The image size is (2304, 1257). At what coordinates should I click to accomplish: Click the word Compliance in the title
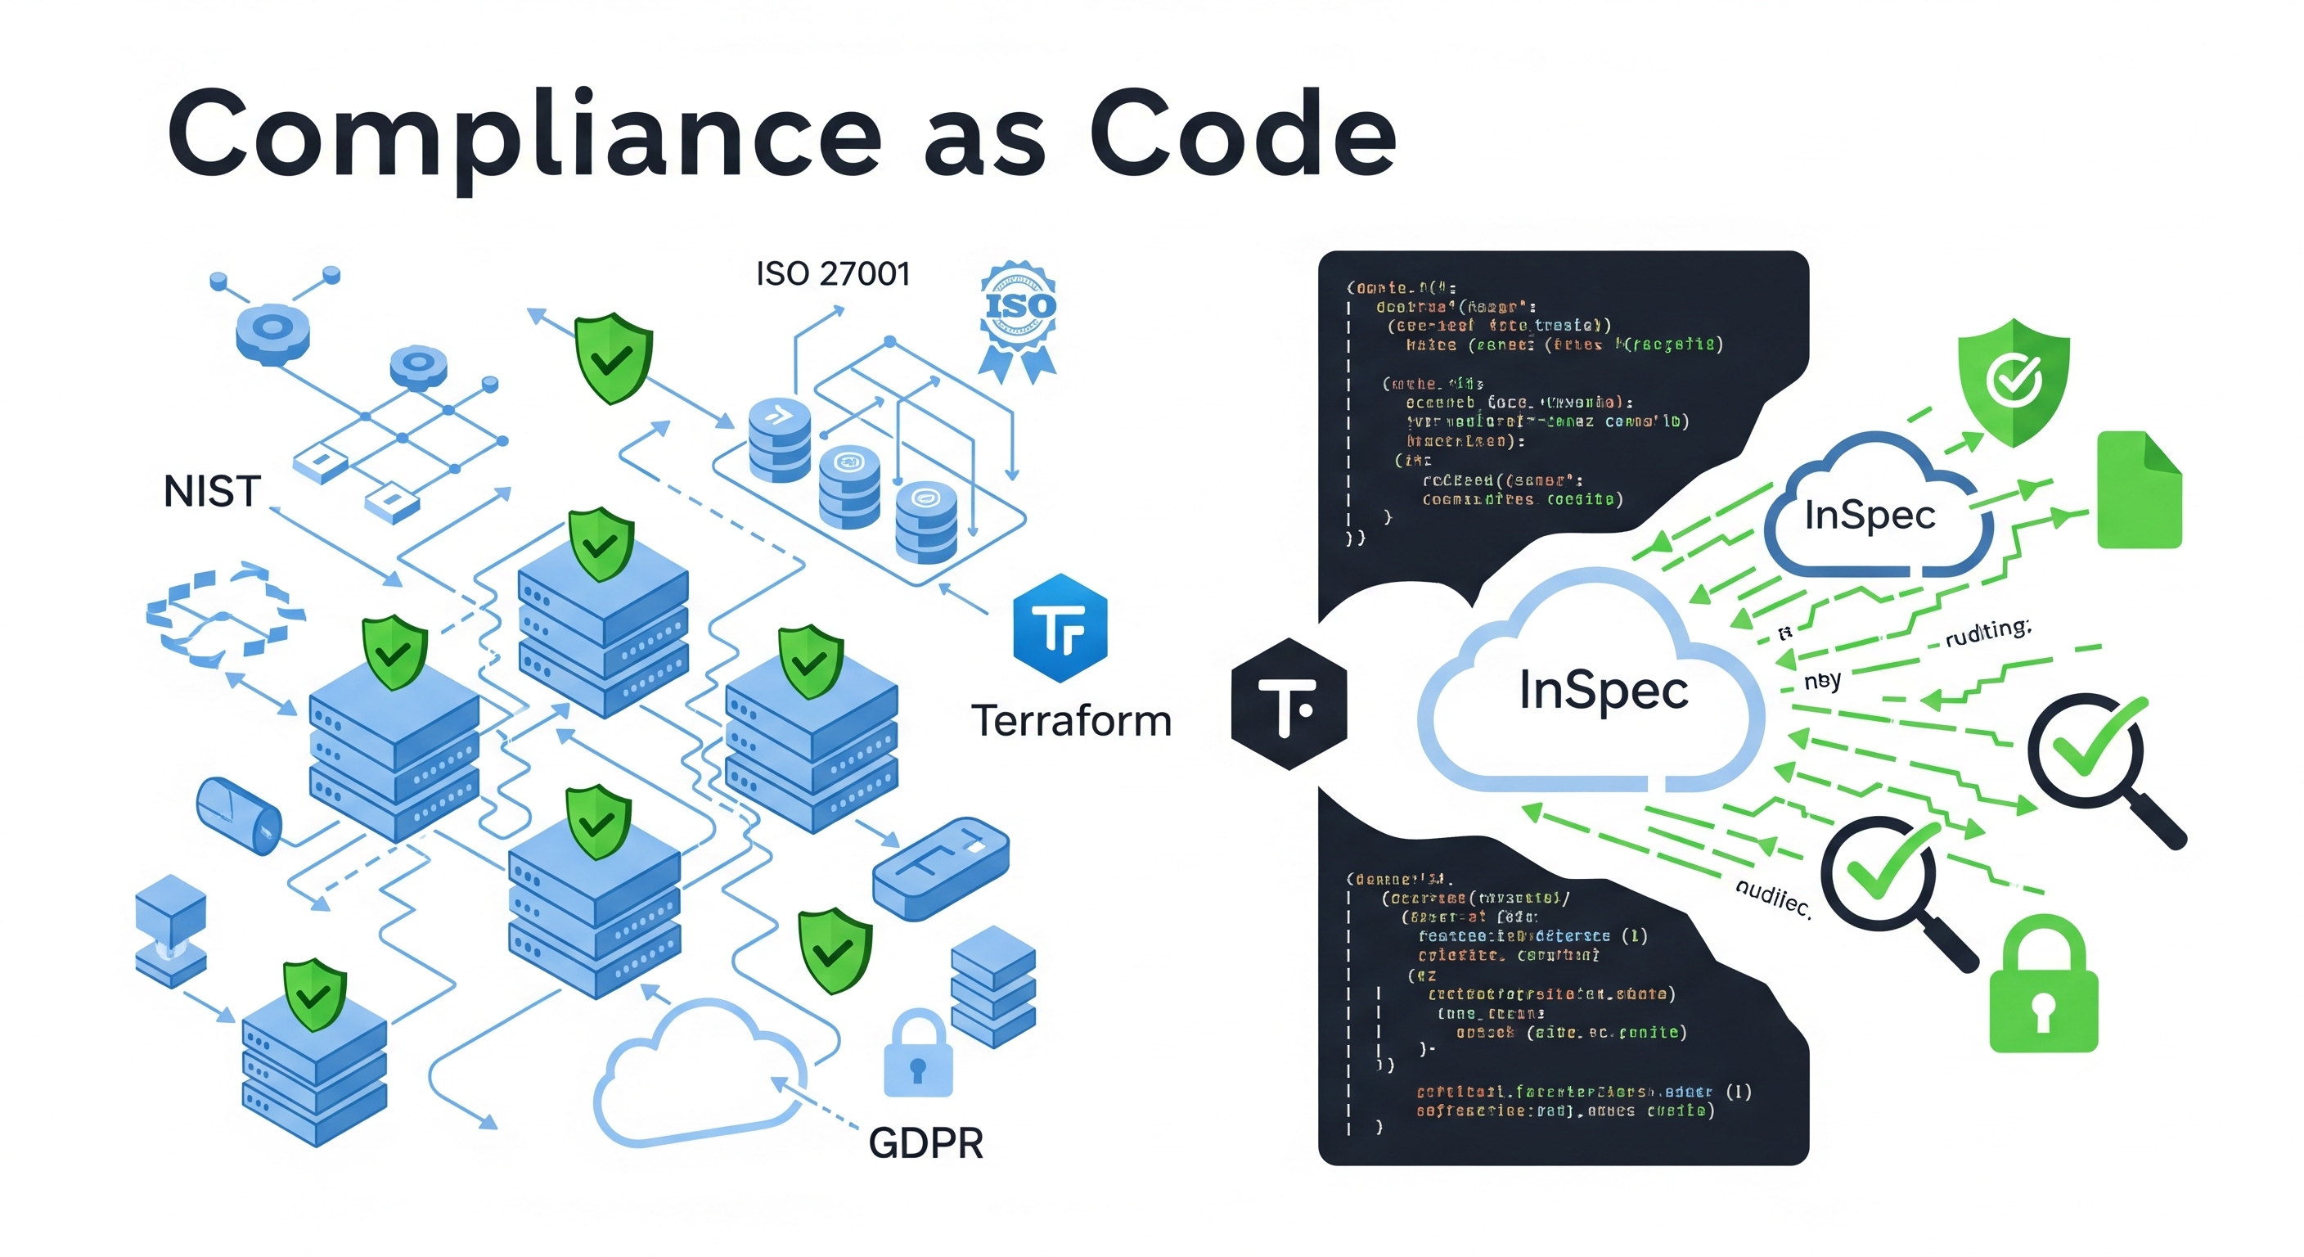click(x=524, y=134)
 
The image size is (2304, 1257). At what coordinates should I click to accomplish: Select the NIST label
click(x=212, y=492)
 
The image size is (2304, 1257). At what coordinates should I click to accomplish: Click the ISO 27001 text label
click(x=833, y=274)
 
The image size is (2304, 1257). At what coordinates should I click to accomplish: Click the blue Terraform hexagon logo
click(x=1060, y=627)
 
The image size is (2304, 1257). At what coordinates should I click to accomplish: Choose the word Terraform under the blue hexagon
click(x=1072, y=721)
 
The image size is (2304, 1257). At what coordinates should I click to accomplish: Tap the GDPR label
click(x=925, y=1143)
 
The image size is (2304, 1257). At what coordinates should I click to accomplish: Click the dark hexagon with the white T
click(x=1288, y=703)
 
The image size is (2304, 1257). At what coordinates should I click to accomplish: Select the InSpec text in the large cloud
click(x=1604, y=691)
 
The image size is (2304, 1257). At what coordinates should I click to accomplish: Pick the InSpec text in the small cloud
click(x=1870, y=516)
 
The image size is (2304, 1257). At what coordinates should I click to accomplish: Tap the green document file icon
click(x=2139, y=489)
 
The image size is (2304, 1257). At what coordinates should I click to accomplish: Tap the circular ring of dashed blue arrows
click(x=223, y=615)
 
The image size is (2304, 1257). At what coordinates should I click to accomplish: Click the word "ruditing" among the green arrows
click(x=1987, y=633)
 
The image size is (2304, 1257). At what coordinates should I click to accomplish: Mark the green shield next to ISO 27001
click(x=613, y=357)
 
